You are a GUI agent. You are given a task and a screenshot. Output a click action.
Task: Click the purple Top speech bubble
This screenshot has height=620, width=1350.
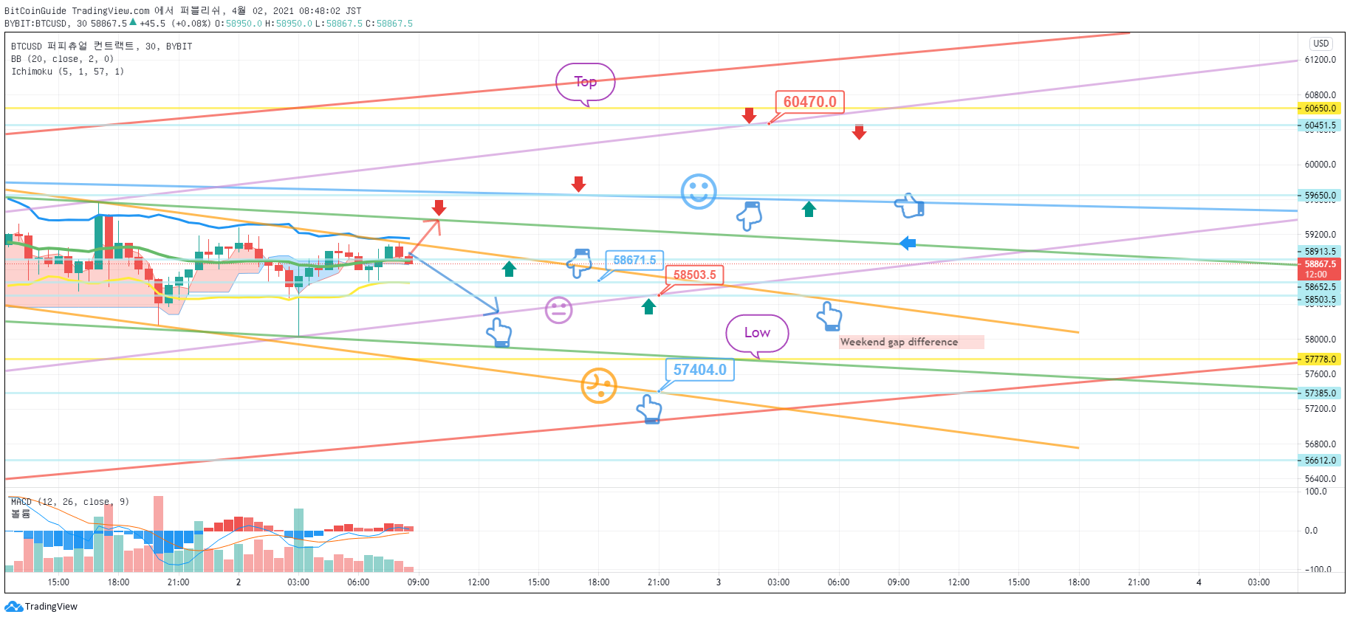586,82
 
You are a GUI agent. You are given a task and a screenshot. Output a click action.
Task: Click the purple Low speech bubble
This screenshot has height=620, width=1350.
757,334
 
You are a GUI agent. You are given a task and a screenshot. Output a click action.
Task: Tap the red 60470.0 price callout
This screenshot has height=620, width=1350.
809,102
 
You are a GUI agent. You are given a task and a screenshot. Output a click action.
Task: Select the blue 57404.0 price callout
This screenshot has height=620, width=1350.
699,370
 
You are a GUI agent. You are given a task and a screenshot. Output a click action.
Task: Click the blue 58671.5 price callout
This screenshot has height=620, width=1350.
634,260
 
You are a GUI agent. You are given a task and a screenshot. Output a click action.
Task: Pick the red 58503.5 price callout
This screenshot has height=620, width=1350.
694,275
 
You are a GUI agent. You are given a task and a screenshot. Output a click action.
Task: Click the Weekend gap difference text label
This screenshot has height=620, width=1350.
899,342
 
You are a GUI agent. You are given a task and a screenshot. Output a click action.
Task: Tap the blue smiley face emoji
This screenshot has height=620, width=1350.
699,192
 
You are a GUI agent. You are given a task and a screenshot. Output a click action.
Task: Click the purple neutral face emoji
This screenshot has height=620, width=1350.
559,309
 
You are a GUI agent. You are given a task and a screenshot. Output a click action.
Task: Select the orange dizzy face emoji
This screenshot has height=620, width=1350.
599,385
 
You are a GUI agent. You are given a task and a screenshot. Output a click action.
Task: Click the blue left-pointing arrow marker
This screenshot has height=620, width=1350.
908,243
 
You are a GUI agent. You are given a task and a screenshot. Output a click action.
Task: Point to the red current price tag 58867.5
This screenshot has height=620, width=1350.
1320,269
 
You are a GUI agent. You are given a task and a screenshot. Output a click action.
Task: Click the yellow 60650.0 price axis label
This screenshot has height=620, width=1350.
1320,108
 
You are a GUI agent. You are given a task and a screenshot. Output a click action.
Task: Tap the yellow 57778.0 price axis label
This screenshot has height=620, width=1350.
1320,359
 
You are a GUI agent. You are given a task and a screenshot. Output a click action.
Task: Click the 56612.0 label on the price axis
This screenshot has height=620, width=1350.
1320,461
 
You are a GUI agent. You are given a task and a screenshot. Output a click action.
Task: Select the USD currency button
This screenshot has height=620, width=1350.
1321,44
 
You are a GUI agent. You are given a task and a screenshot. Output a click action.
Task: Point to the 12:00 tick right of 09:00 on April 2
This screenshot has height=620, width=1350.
479,582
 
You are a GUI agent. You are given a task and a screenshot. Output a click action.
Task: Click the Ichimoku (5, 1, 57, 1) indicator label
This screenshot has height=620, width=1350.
67,72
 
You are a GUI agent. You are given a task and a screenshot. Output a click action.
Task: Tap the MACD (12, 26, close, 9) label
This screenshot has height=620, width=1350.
69,502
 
